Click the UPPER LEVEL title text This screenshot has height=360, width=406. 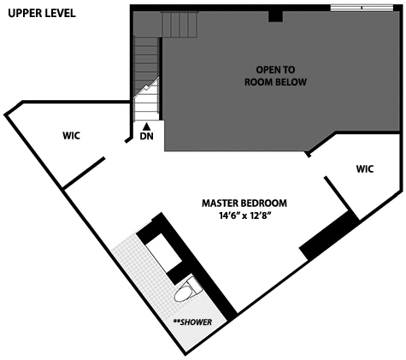pos(42,13)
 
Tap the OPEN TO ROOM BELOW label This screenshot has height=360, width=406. pos(275,76)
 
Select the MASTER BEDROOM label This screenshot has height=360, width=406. pos(244,204)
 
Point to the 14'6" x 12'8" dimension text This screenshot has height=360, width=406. pos(244,215)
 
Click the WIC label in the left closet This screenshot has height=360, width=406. pos(71,136)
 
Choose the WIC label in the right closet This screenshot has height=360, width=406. pos(365,169)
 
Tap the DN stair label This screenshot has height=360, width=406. pos(146,136)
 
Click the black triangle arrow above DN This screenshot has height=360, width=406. pos(146,126)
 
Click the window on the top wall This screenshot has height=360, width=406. pos(362,8)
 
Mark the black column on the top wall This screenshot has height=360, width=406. pos(275,16)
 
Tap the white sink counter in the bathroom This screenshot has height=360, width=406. pos(163,253)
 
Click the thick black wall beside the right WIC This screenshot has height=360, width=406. pos(329,235)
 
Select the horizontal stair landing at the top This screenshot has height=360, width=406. pos(179,24)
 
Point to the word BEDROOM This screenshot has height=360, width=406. pos(264,204)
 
